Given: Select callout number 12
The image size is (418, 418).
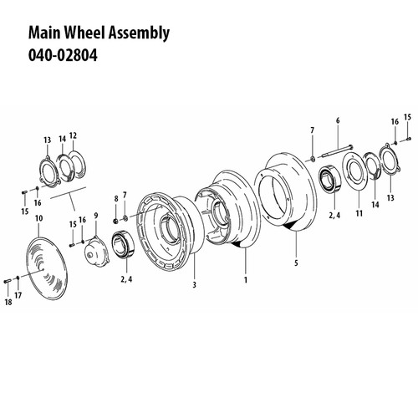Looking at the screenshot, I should tap(73, 135).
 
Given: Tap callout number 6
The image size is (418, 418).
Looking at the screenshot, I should tap(338, 121).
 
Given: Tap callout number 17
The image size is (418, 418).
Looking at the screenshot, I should tap(18, 295).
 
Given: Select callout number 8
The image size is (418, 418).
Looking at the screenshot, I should tap(115, 197).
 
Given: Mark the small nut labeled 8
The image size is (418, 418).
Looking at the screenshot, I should tap(115, 220).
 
